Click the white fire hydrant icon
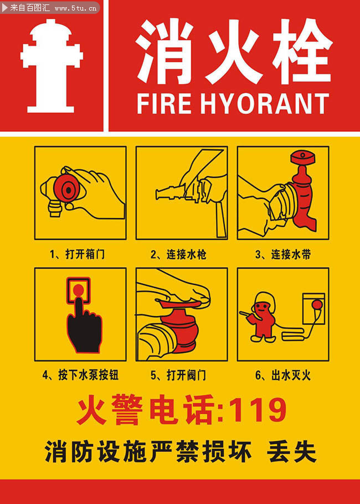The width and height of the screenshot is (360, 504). [52, 66]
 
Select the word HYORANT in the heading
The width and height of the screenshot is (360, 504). [265, 104]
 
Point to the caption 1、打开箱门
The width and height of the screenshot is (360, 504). [77, 255]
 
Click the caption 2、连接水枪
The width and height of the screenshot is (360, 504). [178, 255]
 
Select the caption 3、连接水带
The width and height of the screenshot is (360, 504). [283, 255]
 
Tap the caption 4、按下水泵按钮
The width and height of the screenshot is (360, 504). [80, 375]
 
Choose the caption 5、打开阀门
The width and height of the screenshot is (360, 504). [178, 375]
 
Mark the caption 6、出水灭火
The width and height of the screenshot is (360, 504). [283, 375]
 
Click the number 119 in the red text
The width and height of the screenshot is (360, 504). [258, 410]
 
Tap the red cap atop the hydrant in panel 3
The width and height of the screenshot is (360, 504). [302, 157]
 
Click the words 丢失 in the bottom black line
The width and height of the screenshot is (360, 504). [291, 451]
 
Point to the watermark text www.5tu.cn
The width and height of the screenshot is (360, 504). [75, 8]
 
